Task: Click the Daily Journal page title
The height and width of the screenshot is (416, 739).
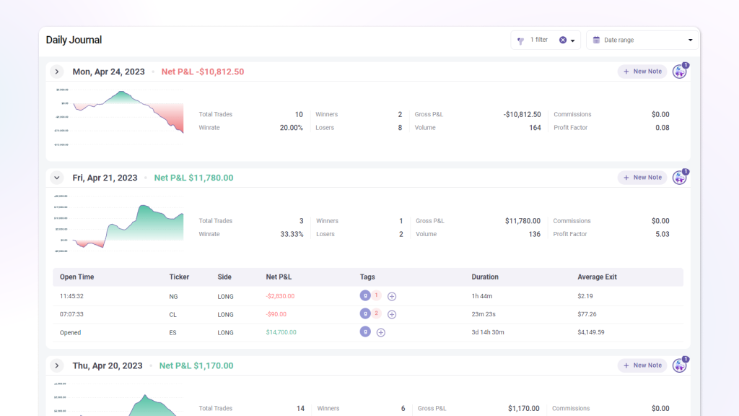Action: pos(74,40)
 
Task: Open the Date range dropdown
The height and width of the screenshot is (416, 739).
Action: pos(642,40)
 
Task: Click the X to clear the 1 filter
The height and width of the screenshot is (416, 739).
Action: pos(563,40)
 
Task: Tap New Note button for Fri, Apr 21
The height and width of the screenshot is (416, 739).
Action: pos(642,178)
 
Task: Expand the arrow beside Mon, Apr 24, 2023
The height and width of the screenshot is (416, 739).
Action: pos(57,71)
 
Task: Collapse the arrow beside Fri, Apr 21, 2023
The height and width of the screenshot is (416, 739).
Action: pos(57,178)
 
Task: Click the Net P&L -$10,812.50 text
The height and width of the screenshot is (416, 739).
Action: pos(202,72)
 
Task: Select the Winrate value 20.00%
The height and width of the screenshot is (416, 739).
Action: pos(291,128)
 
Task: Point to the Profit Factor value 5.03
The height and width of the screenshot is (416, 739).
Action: pos(661,234)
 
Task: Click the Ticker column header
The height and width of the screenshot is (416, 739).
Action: pos(179,277)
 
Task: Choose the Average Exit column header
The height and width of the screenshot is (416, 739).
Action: pos(597,277)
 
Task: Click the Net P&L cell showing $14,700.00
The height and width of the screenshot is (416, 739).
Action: pos(281,333)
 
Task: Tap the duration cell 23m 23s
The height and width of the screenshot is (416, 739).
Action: pos(484,315)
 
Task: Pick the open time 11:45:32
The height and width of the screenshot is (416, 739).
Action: pos(71,296)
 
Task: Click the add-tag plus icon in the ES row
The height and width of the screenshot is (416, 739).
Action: pos(381,333)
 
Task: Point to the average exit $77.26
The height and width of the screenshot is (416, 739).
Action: pos(587,315)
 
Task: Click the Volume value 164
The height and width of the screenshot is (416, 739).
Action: pos(534,128)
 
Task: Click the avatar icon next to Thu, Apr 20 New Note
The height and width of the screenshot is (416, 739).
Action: pos(679,366)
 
